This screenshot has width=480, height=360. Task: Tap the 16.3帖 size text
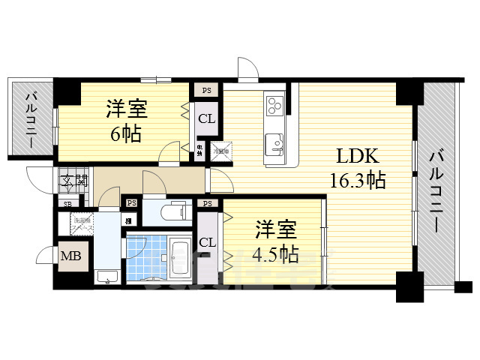[357, 180]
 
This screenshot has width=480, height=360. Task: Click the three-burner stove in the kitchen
[274, 105]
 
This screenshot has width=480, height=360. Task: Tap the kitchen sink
[274, 141]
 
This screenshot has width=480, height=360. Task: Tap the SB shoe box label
[67, 203]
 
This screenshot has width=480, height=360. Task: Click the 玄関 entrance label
[74, 180]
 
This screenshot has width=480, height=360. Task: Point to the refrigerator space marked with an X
[220, 150]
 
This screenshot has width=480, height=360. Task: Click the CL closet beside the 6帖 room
[206, 118]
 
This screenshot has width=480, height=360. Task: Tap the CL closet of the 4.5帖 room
[208, 241]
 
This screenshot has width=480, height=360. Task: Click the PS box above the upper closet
[206, 90]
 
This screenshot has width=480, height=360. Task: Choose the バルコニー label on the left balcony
[33, 120]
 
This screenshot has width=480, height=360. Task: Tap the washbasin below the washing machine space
[106, 276]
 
